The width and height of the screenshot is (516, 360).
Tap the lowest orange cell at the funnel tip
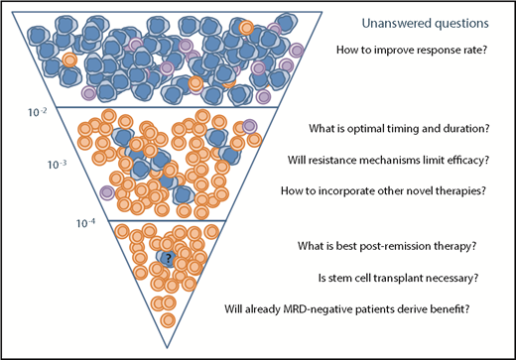click(x=168, y=320)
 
